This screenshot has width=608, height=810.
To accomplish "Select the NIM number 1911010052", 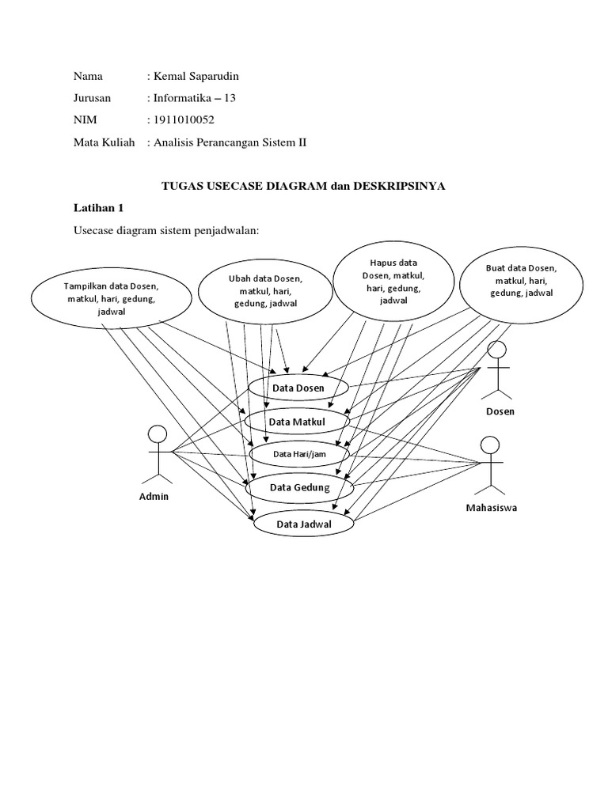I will pyautogui.click(x=183, y=120).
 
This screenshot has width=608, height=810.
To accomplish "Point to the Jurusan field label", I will pyautogui.click(x=93, y=98).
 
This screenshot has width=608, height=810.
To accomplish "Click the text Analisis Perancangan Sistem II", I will pyautogui.click(x=230, y=142).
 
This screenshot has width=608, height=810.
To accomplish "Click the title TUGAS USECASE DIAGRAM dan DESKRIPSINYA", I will pyautogui.click(x=304, y=186).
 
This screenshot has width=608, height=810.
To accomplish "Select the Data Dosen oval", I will pyautogui.click(x=298, y=388).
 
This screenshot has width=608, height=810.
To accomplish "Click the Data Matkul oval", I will pyautogui.click(x=298, y=422).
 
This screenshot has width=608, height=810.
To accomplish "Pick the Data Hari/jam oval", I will pyautogui.click(x=299, y=454).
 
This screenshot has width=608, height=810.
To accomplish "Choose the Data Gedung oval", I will pyautogui.click(x=299, y=487).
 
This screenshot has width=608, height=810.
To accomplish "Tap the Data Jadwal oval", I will pyautogui.click(x=303, y=524).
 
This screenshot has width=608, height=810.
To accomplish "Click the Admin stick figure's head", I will pyautogui.click(x=158, y=434).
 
